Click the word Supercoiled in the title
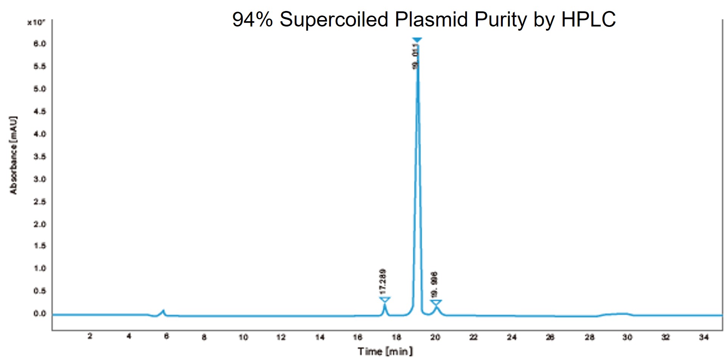tap(334, 19)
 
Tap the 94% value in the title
tap(252, 19)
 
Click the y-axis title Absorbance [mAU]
tap(14, 155)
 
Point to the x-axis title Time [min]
tap(385, 351)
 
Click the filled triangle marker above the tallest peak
tap(417, 40)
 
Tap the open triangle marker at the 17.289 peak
tap(385, 300)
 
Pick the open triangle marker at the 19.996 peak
tap(436, 302)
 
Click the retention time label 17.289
tap(383, 282)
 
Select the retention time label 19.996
tap(434, 285)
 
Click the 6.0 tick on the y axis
tap(39, 44)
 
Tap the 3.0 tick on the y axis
tap(39, 179)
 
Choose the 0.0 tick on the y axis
tap(39, 313)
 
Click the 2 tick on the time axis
tap(90, 337)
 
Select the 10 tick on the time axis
tap(243, 337)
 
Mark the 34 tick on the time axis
tap(704, 337)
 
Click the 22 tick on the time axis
tap(474, 337)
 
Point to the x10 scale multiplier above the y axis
tap(36, 22)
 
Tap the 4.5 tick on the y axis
tap(39, 111)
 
